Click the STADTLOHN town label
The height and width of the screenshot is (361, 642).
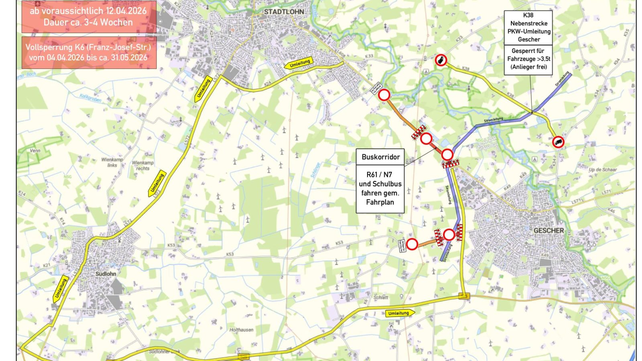tap(284, 12)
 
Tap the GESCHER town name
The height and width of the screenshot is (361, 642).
tap(549, 231)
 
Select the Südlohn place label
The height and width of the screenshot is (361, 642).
tap(106, 274)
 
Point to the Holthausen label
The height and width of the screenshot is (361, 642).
tap(241, 330)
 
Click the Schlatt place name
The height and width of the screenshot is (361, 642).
tap(381, 297)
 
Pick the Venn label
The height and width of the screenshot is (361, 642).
tap(35, 151)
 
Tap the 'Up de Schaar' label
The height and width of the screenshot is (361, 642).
tap(603, 170)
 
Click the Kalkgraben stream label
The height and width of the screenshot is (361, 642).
tap(90, 97)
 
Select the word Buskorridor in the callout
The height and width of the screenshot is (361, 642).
tap(380, 157)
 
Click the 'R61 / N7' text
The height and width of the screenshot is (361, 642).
tap(379, 174)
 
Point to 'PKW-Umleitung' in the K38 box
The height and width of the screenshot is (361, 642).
tap(529, 31)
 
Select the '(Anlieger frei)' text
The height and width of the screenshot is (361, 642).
tap(528, 67)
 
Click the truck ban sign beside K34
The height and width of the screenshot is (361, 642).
tap(558, 142)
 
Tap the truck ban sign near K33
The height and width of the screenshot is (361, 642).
tap(441, 61)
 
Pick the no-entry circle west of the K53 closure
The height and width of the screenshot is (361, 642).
tap(412, 244)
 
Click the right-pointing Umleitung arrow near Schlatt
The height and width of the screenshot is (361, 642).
tap(400, 313)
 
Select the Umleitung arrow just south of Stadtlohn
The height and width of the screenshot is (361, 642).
tap(300, 63)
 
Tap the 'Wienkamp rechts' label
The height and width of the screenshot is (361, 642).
tap(143, 166)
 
